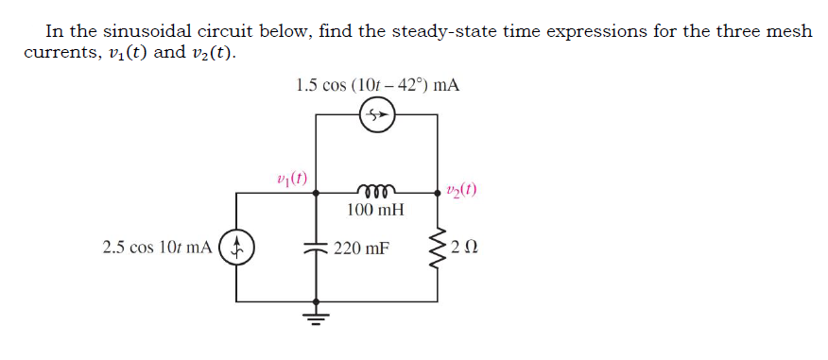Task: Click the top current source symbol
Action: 377,116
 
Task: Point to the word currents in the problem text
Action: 57,52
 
